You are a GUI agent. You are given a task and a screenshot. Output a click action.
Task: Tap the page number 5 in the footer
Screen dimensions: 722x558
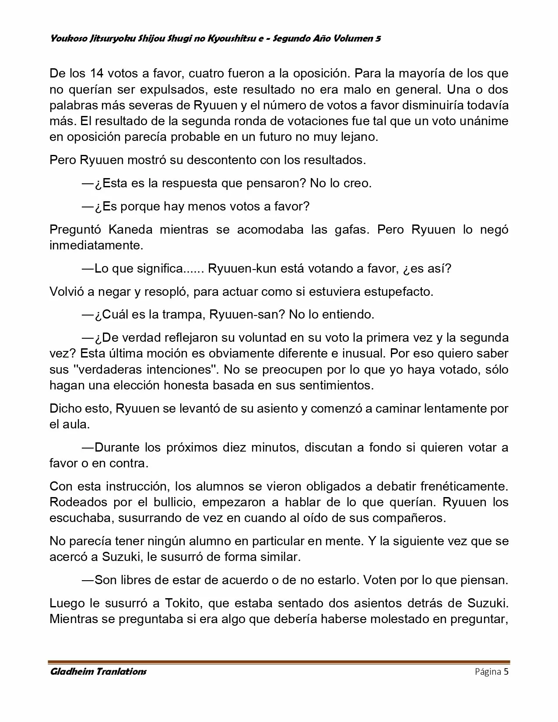click(506, 672)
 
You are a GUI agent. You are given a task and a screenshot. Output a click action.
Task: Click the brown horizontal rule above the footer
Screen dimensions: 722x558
click(279, 662)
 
